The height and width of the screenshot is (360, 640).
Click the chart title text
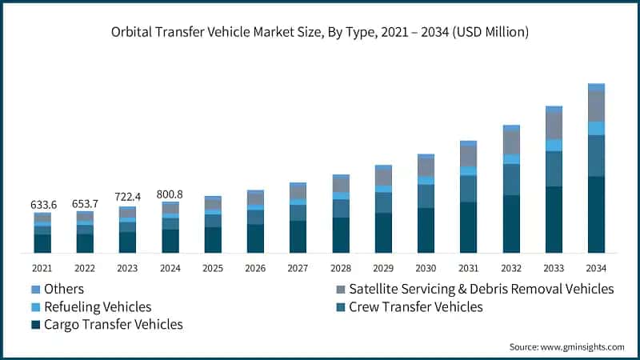click(x=320, y=33)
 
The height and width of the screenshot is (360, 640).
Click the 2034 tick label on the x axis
click(x=596, y=267)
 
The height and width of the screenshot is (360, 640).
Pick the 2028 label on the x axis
click(x=341, y=267)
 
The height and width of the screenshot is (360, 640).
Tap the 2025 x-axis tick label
click(x=213, y=267)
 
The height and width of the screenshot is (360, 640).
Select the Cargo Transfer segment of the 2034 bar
click(x=596, y=214)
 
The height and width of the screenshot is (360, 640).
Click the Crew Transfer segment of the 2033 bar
click(x=554, y=169)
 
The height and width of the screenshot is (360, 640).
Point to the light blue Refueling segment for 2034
click(x=596, y=128)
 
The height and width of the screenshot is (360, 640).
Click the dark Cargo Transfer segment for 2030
click(x=426, y=230)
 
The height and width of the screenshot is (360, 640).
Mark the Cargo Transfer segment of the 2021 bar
click(x=42, y=243)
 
